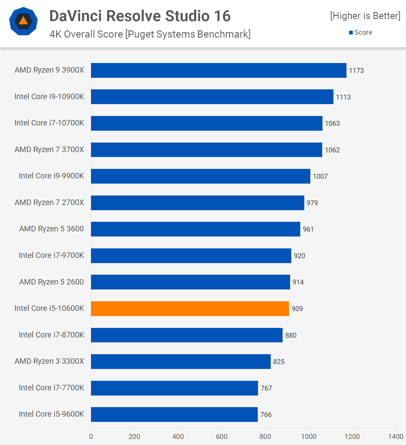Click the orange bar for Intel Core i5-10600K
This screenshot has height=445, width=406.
(x=190, y=309)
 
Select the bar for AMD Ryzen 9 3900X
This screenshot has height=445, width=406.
(x=218, y=70)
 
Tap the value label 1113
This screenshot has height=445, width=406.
(x=343, y=97)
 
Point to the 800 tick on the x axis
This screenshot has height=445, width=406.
(x=265, y=436)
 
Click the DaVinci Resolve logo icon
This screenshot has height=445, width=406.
(x=23, y=21)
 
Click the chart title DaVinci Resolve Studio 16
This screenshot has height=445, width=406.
(x=140, y=16)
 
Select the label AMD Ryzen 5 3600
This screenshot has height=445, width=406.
(x=51, y=229)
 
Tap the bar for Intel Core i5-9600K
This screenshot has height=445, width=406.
(x=174, y=414)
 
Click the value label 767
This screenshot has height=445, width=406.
(x=266, y=388)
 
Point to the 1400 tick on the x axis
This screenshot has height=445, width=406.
(x=396, y=436)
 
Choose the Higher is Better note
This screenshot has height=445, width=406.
(x=365, y=16)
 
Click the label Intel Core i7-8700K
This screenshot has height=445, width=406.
(x=51, y=335)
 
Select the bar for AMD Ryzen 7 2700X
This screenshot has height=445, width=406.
(x=197, y=203)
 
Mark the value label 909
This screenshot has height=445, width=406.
(x=297, y=309)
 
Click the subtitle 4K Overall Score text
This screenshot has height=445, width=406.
(x=150, y=34)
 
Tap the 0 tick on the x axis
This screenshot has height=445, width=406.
(x=91, y=436)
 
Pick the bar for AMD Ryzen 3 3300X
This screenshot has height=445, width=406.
(x=181, y=361)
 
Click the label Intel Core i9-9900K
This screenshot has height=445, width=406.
(x=51, y=176)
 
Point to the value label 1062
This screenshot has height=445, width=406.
(x=332, y=150)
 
